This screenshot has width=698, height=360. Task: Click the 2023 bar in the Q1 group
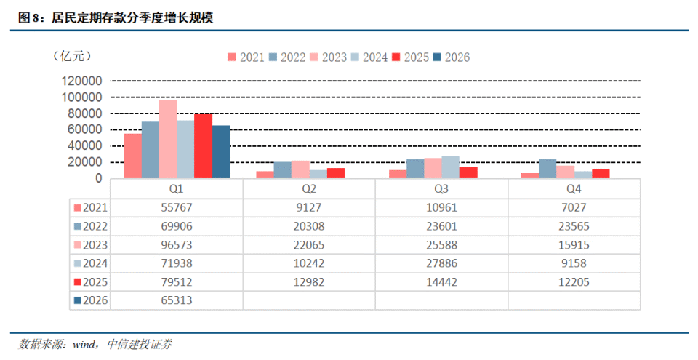click(x=168, y=140)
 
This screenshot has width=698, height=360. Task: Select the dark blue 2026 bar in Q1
click(x=221, y=152)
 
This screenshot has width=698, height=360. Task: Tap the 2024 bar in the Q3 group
click(x=451, y=167)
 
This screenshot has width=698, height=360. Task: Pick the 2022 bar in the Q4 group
click(x=547, y=169)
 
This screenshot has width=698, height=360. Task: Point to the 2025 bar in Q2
click(x=336, y=173)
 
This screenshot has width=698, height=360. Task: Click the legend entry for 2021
click(x=246, y=57)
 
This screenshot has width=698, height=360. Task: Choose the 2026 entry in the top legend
click(x=452, y=57)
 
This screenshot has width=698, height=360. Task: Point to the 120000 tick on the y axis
click(x=82, y=81)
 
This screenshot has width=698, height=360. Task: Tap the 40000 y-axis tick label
click(x=85, y=145)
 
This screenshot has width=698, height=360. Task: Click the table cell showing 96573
click(x=177, y=245)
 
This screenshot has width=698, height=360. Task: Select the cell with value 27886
click(x=441, y=263)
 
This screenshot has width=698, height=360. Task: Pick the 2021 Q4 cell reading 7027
click(x=574, y=207)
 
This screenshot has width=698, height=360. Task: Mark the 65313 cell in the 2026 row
click(x=177, y=300)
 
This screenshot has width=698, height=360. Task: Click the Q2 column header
click(x=309, y=189)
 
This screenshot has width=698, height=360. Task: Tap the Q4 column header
click(x=574, y=189)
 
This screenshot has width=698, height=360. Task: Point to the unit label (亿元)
click(x=72, y=56)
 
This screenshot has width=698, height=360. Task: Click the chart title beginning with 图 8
click(x=116, y=18)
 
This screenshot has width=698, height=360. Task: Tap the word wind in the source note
click(x=84, y=345)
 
